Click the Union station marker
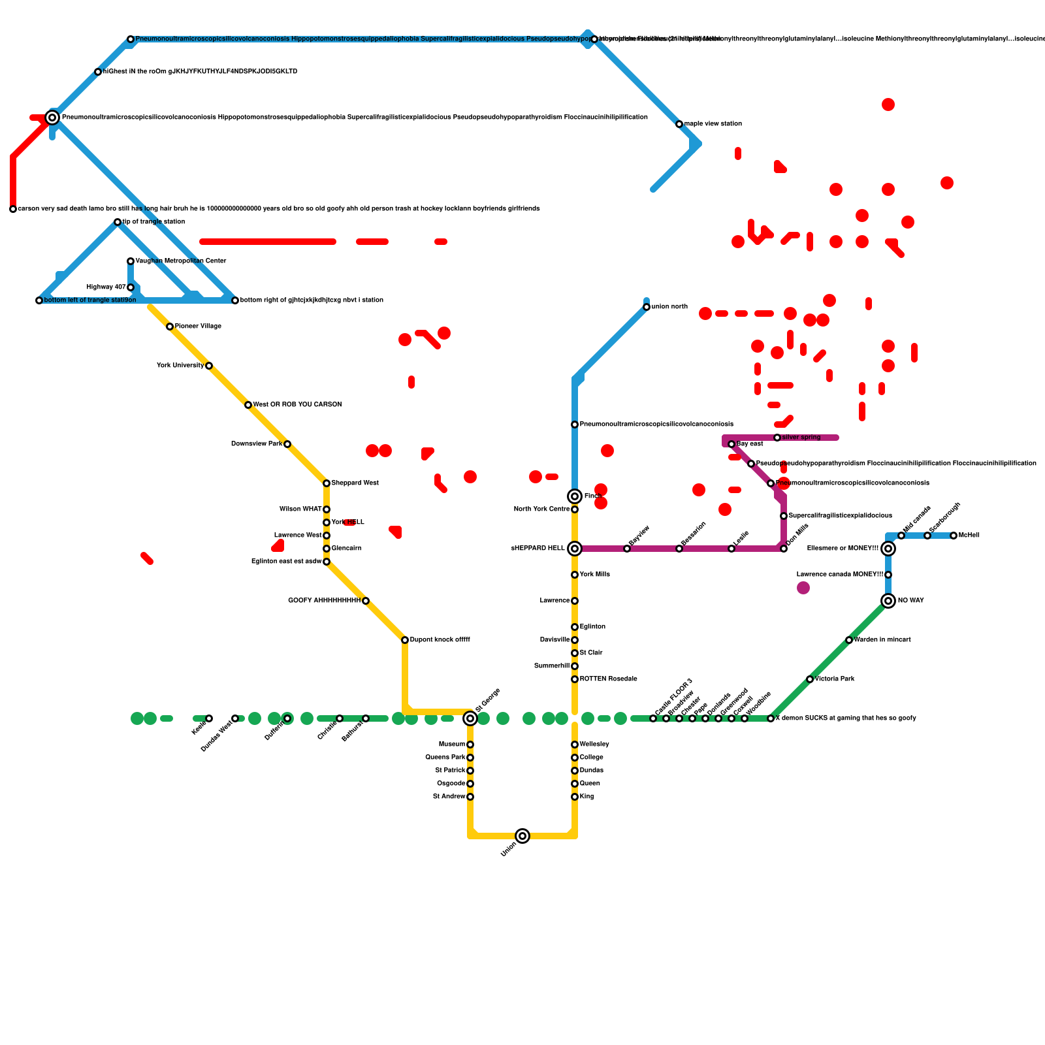coord(522,836)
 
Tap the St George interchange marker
coord(470,718)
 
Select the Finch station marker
coord(575,496)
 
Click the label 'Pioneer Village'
coord(198,327)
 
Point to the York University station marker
coord(209,366)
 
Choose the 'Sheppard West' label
coord(355,483)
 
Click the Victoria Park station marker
coord(810,679)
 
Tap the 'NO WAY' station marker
coord(888,601)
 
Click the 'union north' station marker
coord(647,307)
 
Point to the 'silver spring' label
coord(801,438)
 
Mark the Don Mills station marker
coord(784,549)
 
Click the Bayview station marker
coord(627,549)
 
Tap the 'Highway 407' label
coord(106,287)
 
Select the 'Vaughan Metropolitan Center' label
coord(181,261)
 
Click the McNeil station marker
coord(954,536)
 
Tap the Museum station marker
coord(470,745)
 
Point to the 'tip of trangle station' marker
coord(118,222)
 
